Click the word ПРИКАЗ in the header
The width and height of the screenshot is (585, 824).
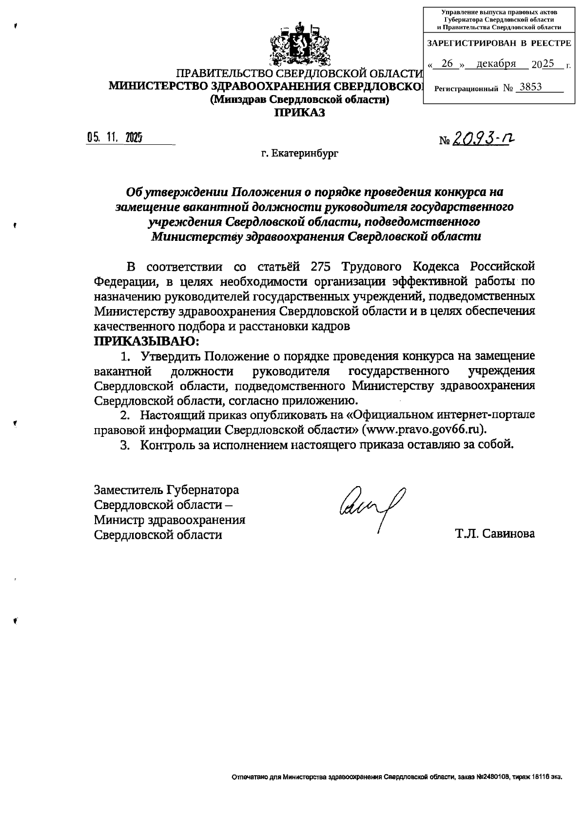[x=299, y=113]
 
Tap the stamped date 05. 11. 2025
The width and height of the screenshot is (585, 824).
[x=115, y=138]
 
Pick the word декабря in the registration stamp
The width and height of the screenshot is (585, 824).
[x=496, y=64]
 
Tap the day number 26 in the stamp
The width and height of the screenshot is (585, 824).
[x=447, y=64]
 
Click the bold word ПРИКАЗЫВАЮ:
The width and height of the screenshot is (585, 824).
[x=147, y=340]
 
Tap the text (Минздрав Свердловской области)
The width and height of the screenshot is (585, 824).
[x=299, y=99]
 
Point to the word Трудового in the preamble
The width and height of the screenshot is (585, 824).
[x=371, y=267]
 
